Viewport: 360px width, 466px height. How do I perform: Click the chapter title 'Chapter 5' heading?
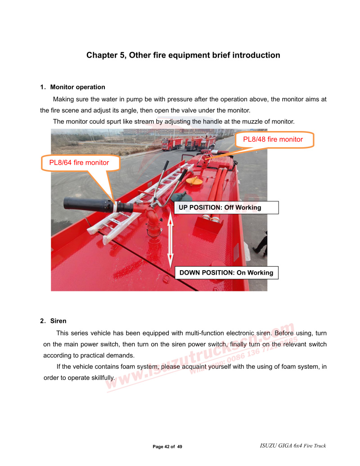click(183, 55)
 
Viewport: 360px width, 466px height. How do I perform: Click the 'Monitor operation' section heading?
click(77, 87)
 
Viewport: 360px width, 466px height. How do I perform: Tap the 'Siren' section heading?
click(58, 321)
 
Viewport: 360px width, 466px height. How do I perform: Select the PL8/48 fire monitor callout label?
click(273, 140)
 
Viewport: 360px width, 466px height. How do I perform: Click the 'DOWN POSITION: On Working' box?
click(226, 272)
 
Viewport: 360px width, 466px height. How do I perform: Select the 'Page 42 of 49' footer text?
click(167, 447)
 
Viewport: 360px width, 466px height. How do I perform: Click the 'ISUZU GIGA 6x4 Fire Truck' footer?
click(293, 446)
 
